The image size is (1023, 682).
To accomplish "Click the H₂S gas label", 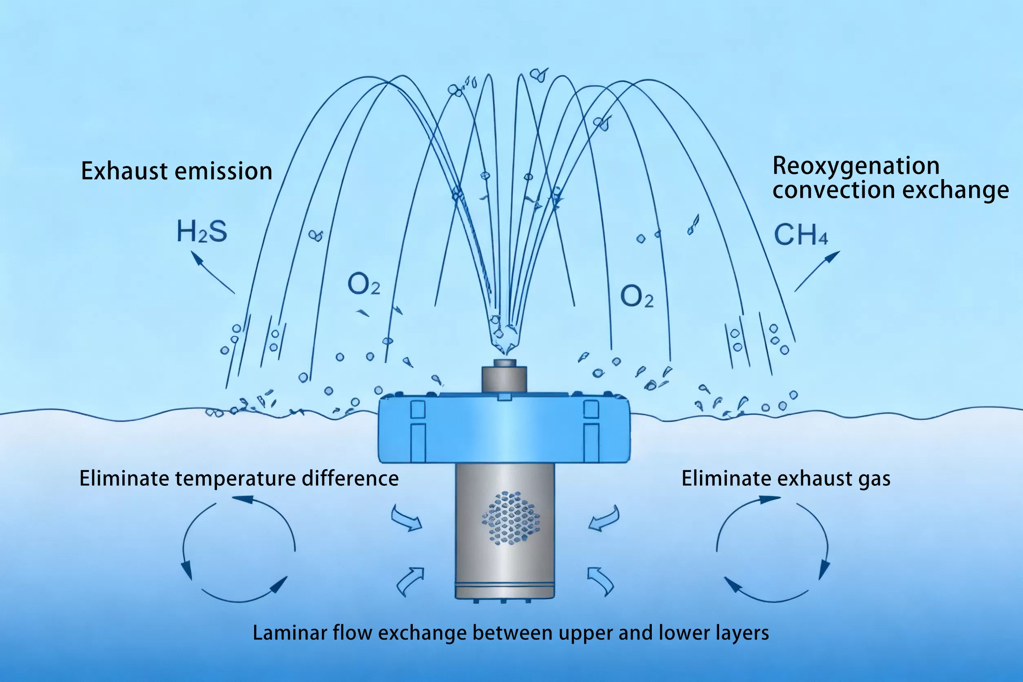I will click(x=202, y=231).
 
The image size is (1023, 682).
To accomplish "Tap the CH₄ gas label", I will click(x=800, y=235).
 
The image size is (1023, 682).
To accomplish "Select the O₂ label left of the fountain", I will click(x=363, y=284).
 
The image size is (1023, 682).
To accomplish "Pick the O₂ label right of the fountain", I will click(x=636, y=296).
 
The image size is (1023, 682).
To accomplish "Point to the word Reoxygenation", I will click(x=855, y=166).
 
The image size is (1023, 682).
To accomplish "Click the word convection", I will click(x=833, y=190).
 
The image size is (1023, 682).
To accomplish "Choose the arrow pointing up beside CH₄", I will click(x=817, y=271).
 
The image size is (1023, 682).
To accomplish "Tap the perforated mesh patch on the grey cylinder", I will click(x=511, y=518).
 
